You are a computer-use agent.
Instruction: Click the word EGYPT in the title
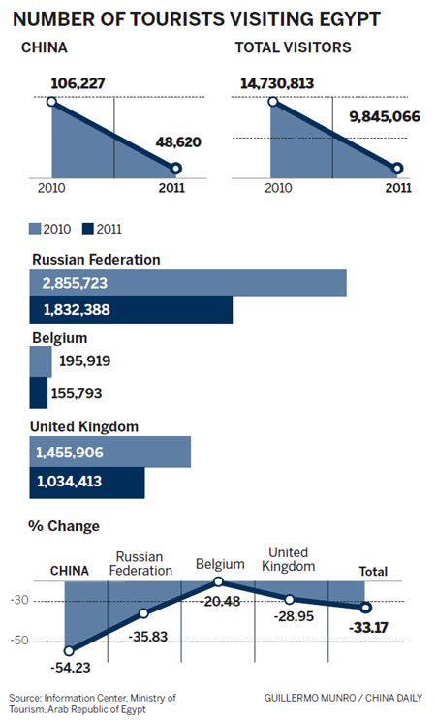tap(349, 19)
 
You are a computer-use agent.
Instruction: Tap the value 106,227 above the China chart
tap(78, 83)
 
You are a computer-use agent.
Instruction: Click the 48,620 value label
tap(178, 141)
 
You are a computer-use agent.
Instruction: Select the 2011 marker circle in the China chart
tap(175, 169)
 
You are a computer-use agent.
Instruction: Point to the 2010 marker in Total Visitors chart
tap(273, 101)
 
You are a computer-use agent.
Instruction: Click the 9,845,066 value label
tap(385, 116)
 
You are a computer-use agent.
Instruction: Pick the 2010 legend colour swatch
tap(35, 229)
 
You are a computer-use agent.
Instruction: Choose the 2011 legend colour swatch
tap(87, 229)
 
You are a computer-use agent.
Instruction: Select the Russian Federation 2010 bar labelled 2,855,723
tap(188, 283)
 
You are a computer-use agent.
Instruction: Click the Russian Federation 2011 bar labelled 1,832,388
tap(131, 309)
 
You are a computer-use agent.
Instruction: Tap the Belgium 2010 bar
tap(41, 361)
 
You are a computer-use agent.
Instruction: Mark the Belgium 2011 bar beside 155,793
tap(39, 392)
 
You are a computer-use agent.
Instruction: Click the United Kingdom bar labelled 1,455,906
tap(110, 452)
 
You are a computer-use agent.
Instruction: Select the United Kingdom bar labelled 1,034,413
tap(87, 483)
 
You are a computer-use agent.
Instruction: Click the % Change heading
tap(64, 526)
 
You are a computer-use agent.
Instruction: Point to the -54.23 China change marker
tap(69, 650)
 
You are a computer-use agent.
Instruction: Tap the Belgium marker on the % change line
tap(218, 581)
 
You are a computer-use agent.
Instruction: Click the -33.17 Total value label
tap(368, 627)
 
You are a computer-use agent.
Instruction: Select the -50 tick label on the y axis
tap(18, 641)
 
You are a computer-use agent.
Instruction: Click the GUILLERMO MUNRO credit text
tap(310, 698)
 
